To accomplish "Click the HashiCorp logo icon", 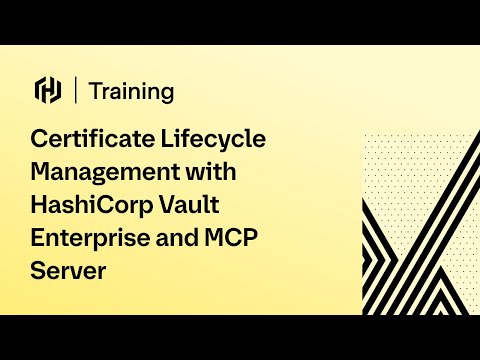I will point(48,90).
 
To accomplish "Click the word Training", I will point(131,91).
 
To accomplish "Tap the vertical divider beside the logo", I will point(76,90).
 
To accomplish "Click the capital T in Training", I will point(94,91).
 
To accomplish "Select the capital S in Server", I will point(40,270).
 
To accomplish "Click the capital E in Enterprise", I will point(40,237).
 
